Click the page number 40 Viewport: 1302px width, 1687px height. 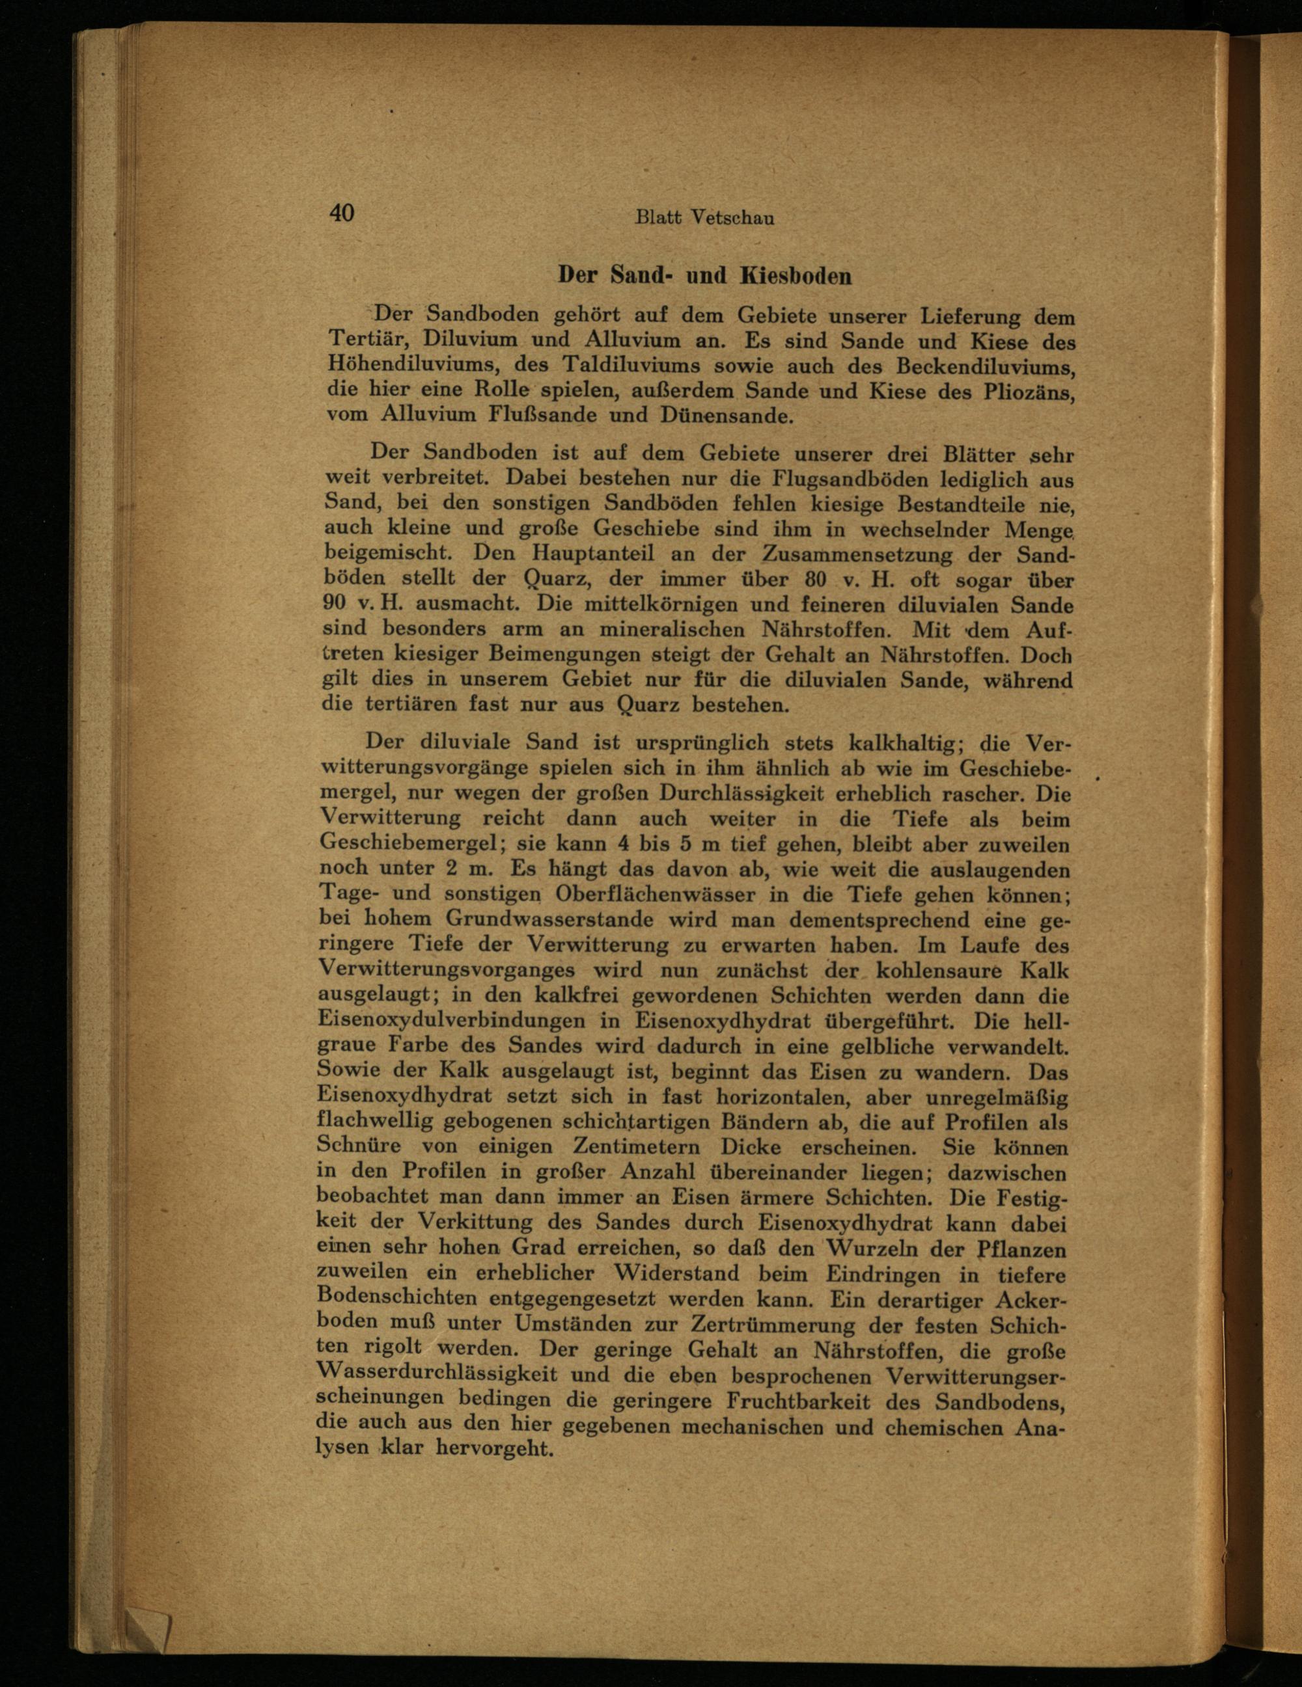[342, 212]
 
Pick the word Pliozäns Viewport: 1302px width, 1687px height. [1030, 391]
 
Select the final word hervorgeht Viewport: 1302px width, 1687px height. [495, 1451]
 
